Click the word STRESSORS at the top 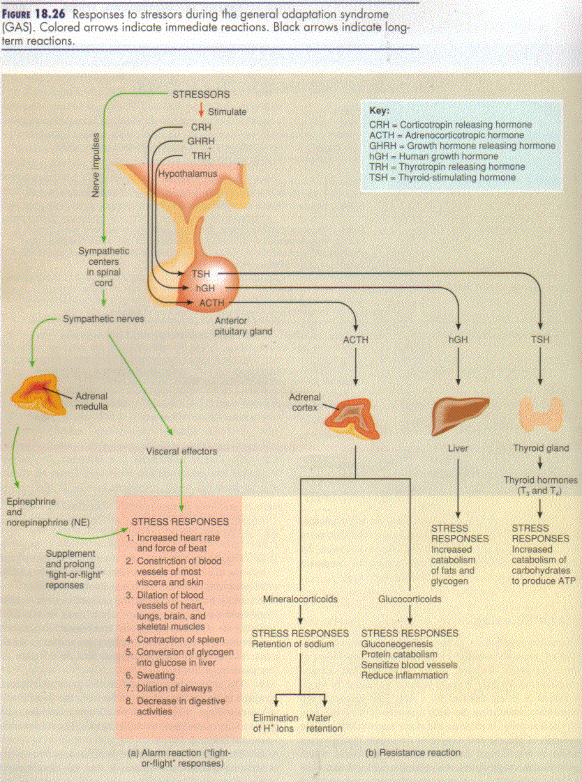click(201, 94)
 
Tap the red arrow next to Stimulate click(200, 110)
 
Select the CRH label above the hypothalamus click(200, 128)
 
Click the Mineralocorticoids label click(300, 599)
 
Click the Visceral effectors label click(181, 451)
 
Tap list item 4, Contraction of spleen click(180, 639)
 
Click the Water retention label click(324, 723)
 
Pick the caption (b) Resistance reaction click(413, 753)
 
